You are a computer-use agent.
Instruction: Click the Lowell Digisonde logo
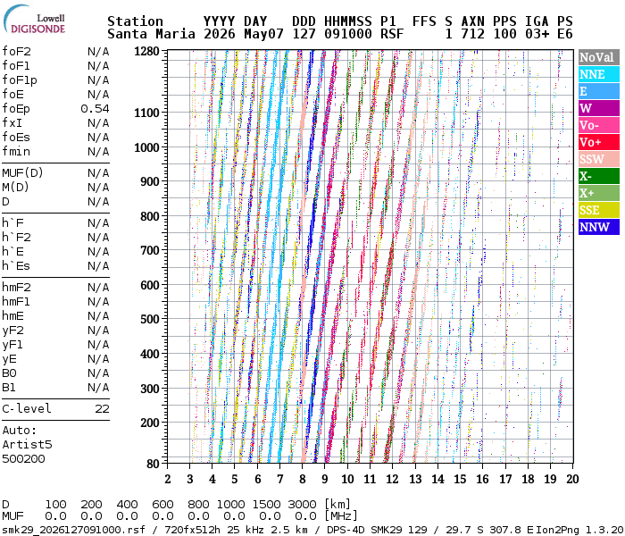pos(34,20)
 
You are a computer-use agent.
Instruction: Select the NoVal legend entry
pos(599,57)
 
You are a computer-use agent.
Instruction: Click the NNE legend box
pos(599,74)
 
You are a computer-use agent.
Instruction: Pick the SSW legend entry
pos(599,159)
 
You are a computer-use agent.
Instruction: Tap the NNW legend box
pos(599,227)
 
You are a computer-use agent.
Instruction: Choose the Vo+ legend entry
pos(599,142)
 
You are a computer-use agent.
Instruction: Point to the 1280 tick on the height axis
pos(146,52)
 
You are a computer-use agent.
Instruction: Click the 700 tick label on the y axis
pos(149,250)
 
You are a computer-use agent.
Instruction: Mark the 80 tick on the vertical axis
pos(153,464)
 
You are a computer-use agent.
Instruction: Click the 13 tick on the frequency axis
pos(415,479)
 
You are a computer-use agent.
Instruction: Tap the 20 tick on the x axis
pos(572,479)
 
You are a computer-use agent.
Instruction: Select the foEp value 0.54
pos(95,109)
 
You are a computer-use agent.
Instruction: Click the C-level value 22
pos(102,409)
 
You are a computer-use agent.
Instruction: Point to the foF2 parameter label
pos(16,52)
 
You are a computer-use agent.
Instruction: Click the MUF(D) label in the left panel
pos(22,173)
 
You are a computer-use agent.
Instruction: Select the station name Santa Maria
pos(151,34)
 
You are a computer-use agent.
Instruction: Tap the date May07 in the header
pos(263,34)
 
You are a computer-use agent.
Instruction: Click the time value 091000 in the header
pos(348,34)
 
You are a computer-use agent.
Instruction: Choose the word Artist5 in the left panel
pos(27,444)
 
